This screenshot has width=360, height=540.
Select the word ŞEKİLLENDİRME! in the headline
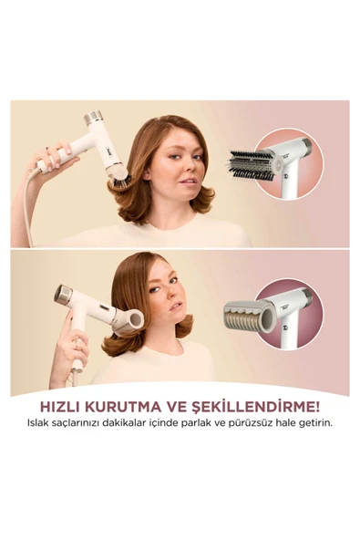click(254, 407)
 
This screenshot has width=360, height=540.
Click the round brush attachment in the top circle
click(252, 166)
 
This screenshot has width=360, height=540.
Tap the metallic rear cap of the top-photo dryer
click(93, 118)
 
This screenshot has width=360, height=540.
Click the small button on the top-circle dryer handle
click(284, 176)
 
